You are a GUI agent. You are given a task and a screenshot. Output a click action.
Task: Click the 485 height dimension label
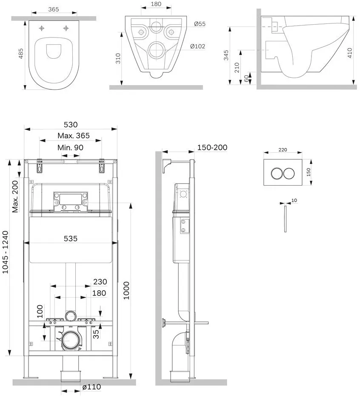(x=21, y=53)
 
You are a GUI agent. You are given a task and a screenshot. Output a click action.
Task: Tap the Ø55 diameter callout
(x=200, y=23)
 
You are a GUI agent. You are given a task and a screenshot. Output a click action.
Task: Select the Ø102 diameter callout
(x=197, y=46)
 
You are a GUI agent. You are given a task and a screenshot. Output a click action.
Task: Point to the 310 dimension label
(x=118, y=58)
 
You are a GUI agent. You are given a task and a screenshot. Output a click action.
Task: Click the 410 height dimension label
(x=350, y=53)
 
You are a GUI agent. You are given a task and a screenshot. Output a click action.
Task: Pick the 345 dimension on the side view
(x=226, y=55)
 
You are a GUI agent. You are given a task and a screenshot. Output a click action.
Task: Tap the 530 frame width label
(x=71, y=125)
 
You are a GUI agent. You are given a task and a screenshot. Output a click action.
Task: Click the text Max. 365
(x=74, y=135)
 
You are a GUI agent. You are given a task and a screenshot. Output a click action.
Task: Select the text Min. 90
(x=70, y=147)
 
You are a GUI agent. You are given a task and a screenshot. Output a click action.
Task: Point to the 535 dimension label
(x=71, y=239)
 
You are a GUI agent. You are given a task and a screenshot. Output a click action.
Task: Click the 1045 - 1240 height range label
(x=6, y=252)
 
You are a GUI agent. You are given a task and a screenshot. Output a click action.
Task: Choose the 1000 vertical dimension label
(x=126, y=291)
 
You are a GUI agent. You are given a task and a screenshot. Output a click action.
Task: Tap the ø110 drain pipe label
(x=92, y=387)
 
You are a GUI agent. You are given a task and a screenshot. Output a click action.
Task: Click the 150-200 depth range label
(x=212, y=147)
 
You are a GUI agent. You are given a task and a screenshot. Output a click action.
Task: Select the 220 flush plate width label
(x=283, y=150)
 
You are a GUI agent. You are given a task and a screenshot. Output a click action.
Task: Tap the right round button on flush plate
(x=289, y=173)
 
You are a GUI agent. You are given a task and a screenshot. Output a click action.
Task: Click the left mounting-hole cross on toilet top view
(x=42, y=28)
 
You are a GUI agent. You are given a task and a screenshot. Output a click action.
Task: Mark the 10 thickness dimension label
(x=294, y=200)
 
